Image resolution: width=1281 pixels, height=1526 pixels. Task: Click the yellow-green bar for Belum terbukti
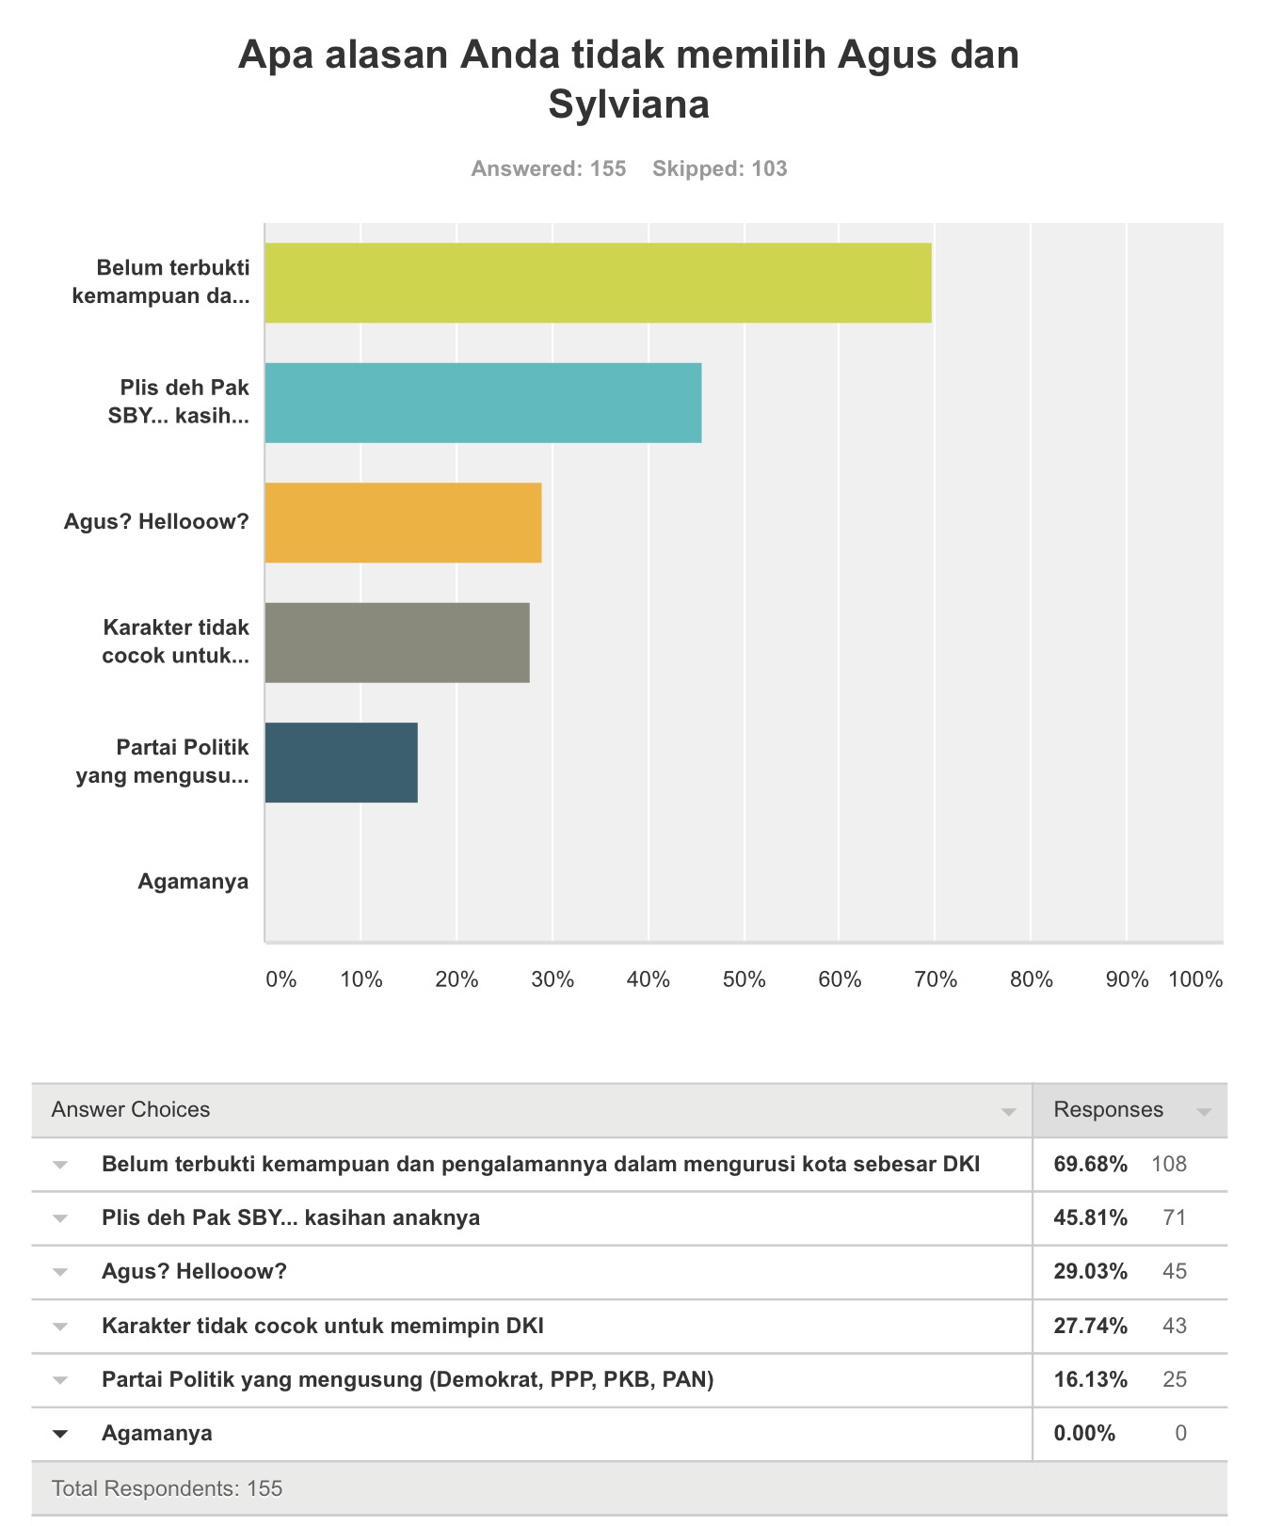point(599,283)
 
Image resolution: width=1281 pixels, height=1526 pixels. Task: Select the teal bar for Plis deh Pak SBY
point(484,403)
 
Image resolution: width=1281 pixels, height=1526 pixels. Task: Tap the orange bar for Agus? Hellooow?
point(404,523)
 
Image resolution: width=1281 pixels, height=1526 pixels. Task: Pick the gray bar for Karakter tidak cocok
point(397,643)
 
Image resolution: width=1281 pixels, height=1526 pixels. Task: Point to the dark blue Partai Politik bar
point(342,763)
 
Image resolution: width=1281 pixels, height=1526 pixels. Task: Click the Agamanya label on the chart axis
point(193,882)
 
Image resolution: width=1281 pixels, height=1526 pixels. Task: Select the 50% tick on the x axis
point(744,979)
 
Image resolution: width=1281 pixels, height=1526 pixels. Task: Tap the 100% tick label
point(1195,979)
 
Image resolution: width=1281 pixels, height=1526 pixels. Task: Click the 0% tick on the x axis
point(281,979)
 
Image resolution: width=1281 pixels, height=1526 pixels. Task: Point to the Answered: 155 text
point(549,168)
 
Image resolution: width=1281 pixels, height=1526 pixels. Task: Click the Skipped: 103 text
point(720,168)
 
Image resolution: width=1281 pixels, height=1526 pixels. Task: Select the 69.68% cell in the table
point(1091,1164)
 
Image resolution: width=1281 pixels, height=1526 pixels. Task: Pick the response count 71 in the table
point(1175,1217)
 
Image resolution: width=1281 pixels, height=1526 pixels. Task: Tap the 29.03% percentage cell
point(1091,1271)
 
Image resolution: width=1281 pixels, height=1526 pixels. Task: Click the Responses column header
point(1109,1109)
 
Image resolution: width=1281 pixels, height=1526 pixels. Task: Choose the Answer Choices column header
point(131,1109)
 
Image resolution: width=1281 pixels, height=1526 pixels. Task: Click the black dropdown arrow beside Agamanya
point(60,1434)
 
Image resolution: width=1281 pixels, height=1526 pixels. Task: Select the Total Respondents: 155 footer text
point(168,1488)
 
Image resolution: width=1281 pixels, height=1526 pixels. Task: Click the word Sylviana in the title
point(629,103)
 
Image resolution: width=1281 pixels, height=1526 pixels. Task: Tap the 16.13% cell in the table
point(1091,1379)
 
